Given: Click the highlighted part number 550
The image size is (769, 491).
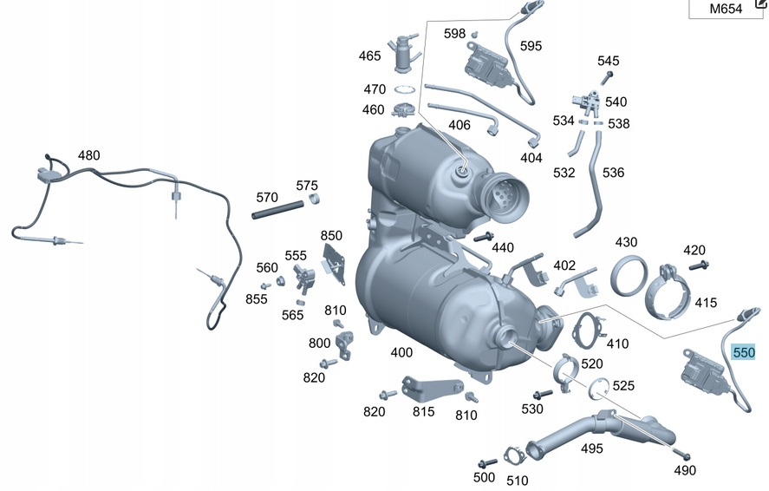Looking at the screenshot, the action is (743, 352).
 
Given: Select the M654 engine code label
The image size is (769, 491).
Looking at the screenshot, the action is (726, 9).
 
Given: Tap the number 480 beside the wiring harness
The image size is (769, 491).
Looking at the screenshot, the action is (88, 155).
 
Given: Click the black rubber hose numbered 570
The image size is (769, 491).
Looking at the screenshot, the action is (277, 209).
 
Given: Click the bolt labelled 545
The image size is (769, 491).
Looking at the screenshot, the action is (608, 77).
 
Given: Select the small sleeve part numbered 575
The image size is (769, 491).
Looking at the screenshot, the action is (314, 198).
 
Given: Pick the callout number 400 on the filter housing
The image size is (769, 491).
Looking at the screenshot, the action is (401, 352).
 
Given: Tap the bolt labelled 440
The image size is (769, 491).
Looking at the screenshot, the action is (484, 238).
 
